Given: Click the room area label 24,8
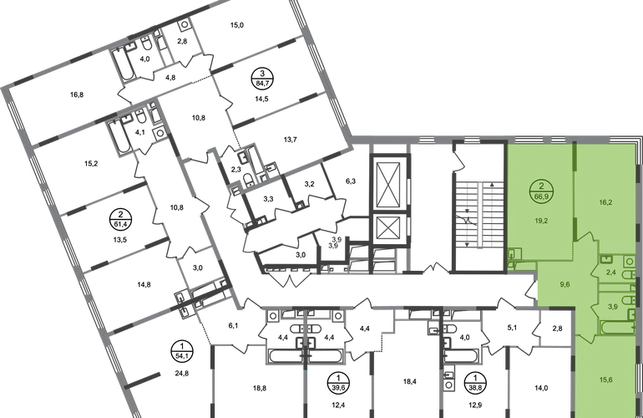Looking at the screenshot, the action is click(182, 373).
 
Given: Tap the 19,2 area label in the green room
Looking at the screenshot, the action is click(542, 221).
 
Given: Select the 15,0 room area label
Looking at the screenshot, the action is click(237, 25).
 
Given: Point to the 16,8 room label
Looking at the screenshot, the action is click(77, 94).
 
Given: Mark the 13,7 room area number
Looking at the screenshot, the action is click(291, 140).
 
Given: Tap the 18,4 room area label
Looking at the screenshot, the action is click(410, 381).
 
